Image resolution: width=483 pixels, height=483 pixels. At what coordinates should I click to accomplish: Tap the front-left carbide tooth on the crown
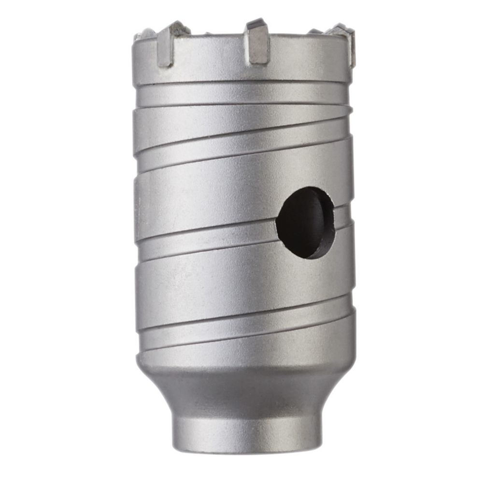[x=167, y=46]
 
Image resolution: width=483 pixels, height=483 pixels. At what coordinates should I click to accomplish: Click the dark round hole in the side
[x=305, y=222]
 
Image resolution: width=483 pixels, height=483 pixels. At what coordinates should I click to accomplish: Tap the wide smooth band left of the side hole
[x=203, y=193]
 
